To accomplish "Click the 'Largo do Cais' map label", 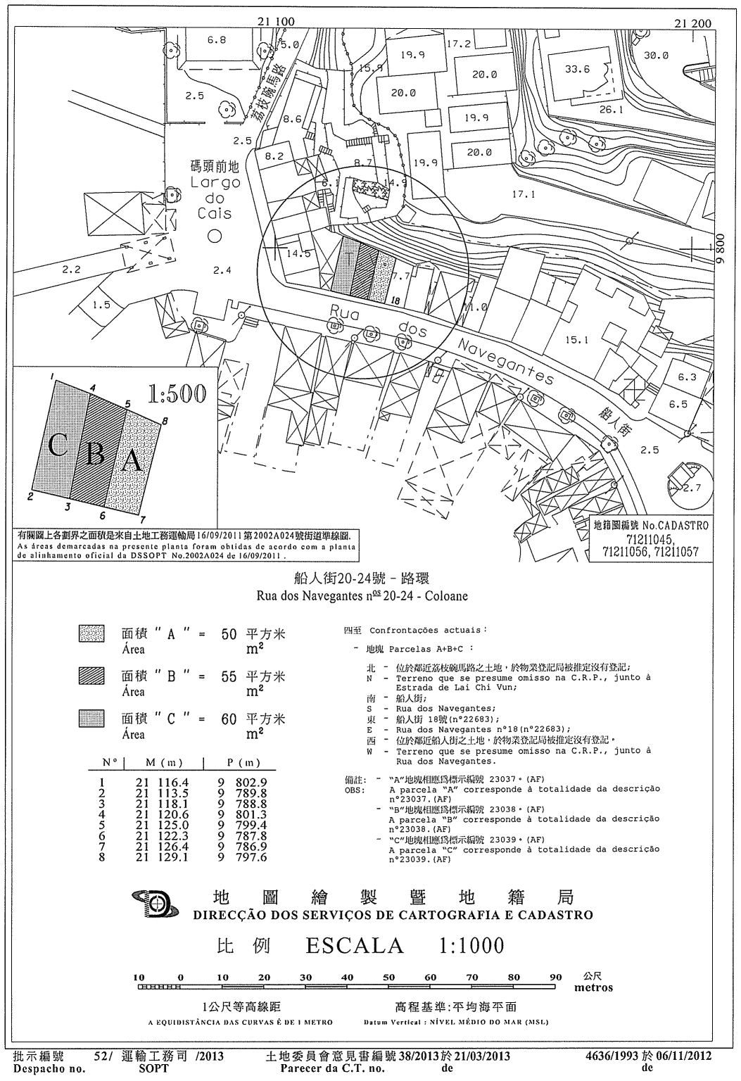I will [x=215, y=198].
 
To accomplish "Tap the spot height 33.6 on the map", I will [x=577, y=69].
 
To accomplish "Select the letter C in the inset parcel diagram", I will [x=59, y=445].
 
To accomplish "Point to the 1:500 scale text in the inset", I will [x=177, y=395].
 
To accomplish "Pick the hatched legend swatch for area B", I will [x=91, y=676].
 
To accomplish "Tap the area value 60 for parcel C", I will [x=229, y=719].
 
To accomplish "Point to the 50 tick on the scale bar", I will [x=388, y=978].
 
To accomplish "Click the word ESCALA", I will [x=355, y=945].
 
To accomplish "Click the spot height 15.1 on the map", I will [x=576, y=340].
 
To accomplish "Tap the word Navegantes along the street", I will [x=505, y=362].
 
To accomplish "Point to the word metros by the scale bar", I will [x=593, y=987].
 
